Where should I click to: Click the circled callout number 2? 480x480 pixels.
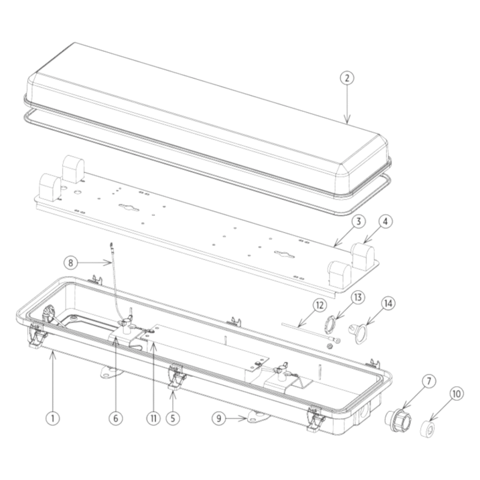pos(347,78)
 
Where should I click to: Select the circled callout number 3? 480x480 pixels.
pos(358,221)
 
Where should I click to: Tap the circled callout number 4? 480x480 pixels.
pos(385,221)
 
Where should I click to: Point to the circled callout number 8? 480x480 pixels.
pos(71,263)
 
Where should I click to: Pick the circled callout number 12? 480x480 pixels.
pos(319,305)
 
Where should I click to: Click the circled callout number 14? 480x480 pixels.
pos(388,304)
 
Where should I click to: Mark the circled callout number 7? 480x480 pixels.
pos(428,382)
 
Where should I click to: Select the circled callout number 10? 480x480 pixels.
pos(456,394)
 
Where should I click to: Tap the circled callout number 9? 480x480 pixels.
pos(219,418)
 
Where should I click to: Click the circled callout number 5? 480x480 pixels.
pos(173,418)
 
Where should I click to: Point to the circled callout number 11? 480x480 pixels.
pos(154,418)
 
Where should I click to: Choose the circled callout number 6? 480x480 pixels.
pos(116,418)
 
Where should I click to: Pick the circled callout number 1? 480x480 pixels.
pos(53,418)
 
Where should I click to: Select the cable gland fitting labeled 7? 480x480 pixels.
pos(398,419)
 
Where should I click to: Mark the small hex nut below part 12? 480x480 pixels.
pos(329,346)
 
